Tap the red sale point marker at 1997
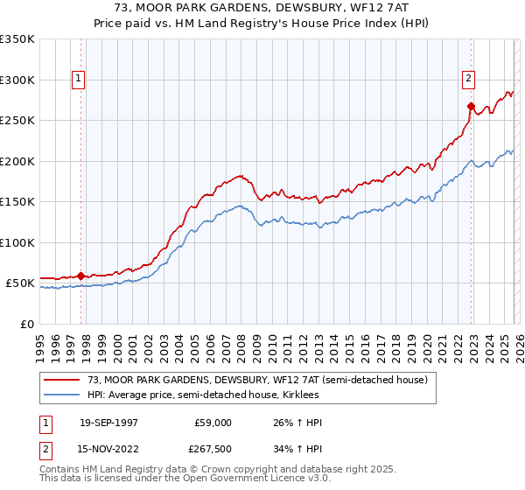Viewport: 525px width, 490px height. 81,276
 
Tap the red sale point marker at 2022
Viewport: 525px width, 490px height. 471,107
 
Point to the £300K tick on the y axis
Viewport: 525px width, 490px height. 17,80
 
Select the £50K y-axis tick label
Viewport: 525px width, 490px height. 20,283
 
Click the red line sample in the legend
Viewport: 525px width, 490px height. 62,380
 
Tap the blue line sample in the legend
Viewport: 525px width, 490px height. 62,395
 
